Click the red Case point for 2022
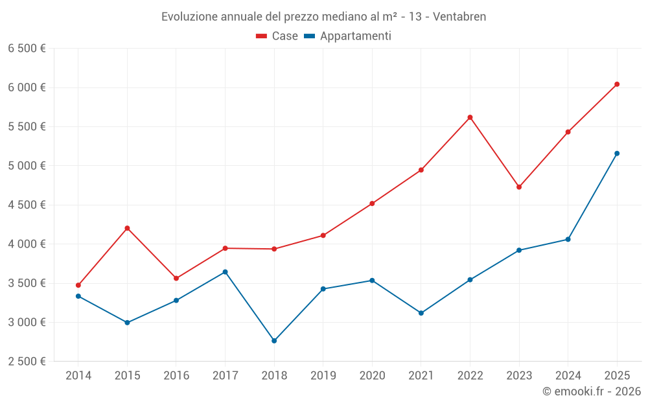click(470, 117)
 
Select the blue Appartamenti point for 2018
click(274, 341)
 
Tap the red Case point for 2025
click(617, 84)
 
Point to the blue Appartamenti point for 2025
click(617, 154)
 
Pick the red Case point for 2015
click(127, 228)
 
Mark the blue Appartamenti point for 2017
click(225, 272)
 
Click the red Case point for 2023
click(519, 187)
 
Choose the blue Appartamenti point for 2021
click(421, 313)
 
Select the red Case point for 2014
click(78, 285)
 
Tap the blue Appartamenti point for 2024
click(568, 240)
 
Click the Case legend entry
click(277, 36)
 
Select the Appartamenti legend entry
click(348, 36)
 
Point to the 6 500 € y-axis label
click(27, 49)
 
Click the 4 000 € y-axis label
click(27, 244)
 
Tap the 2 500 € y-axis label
click(27, 362)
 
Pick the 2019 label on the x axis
click(323, 375)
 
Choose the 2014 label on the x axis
click(78, 375)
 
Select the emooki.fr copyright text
click(591, 391)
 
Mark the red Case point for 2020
click(372, 203)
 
